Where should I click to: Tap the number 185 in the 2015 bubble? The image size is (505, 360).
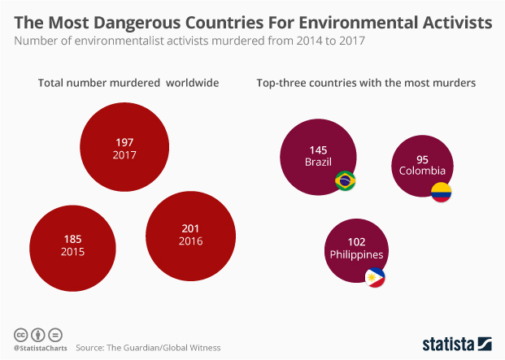[x=72, y=239]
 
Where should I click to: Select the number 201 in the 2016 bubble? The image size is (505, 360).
[x=191, y=228]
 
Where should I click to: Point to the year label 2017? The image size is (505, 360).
[x=124, y=154]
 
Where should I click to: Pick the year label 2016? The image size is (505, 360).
[x=191, y=241]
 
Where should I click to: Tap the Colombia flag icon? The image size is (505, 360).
[x=441, y=193]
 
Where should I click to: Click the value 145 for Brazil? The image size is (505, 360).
[x=318, y=150]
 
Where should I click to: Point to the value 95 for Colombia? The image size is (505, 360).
[x=422, y=158]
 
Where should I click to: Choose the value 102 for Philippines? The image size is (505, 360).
[x=355, y=241]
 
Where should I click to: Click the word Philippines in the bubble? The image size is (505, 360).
[x=356, y=254]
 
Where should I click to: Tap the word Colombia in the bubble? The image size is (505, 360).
[x=422, y=171]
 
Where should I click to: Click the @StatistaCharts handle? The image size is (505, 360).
[x=39, y=348]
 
